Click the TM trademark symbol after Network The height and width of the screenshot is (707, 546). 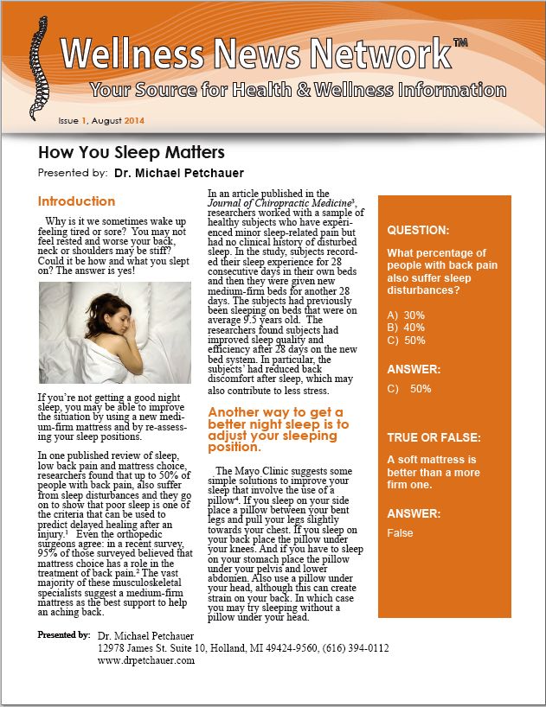pyautogui.click(x=460, y=43)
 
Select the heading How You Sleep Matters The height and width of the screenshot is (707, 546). pyautogui.click(x=131, y=153)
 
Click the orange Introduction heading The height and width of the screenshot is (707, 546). pyautogui.click(x=76, y=201)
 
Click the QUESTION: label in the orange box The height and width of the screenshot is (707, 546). pyautogui.click(x=418, y=231)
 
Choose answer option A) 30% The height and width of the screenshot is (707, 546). pyautogui.click(x=406, y=315)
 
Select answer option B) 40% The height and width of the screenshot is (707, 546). pyautogui.click(x=406, y=328)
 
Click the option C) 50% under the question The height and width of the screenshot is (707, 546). pyautogui.click(x=406, y=340)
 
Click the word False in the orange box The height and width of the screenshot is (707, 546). pyautogui.click(x=400, y=533)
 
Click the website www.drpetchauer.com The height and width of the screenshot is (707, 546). pyautogui.click(x=145, y=660)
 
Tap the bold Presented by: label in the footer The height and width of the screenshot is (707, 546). pyautogui.click(x=64, y=635)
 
